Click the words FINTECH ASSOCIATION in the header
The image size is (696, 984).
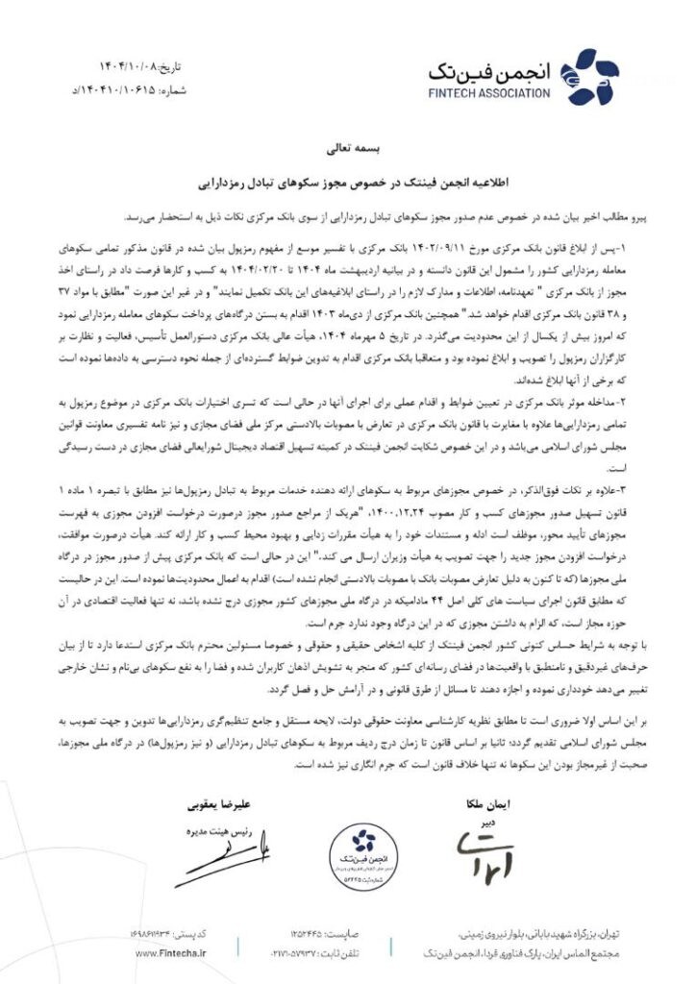490,93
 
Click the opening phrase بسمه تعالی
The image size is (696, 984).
349,150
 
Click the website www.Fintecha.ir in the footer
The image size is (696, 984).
172,951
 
